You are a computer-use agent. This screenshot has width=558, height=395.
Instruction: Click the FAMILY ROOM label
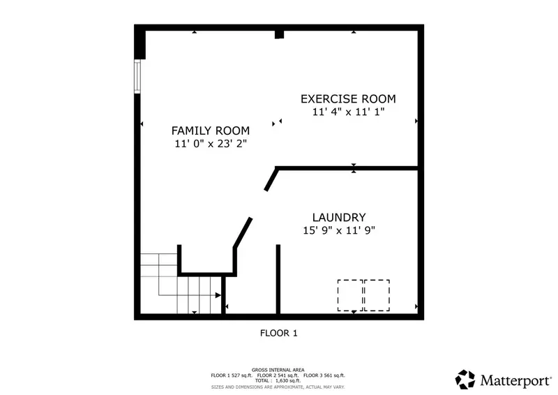click(211, 131)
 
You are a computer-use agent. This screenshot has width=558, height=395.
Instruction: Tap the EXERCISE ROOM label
click(348, 99)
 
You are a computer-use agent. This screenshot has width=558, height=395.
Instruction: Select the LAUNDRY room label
click(339, 217)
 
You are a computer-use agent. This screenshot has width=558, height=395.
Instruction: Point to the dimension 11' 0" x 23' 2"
click(211, 144)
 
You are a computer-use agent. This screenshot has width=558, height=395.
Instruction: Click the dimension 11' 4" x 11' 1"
click(348, 112)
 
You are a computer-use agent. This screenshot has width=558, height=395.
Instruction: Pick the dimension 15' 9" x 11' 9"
click(339, 230)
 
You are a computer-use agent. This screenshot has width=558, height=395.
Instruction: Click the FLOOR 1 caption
click(278, 333)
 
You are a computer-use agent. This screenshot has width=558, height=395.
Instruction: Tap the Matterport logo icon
click(465, 380)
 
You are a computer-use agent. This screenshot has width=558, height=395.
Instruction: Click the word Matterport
click(515, 381)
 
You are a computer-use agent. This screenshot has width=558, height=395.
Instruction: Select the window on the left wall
click(137, 76)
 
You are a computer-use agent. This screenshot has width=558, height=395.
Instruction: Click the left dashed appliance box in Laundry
click(350, 295)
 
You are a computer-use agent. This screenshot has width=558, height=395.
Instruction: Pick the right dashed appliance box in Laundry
click(377, 295)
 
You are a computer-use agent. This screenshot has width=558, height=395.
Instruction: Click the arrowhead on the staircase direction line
click(218, 295)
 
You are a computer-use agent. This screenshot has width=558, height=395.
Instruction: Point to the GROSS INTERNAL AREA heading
click(278, 370)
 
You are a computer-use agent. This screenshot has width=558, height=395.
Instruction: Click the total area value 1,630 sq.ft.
click(288, 381)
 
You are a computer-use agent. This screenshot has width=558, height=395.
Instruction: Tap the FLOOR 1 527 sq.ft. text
click(232, 375)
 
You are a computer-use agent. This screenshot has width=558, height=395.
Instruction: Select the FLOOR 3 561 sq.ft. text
click(324, 375)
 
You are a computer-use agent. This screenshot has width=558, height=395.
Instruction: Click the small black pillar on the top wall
click(280, 35)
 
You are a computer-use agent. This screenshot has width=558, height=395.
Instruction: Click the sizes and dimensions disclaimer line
click(278, 387)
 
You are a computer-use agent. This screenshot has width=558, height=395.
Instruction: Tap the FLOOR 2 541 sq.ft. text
click(278, 375)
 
